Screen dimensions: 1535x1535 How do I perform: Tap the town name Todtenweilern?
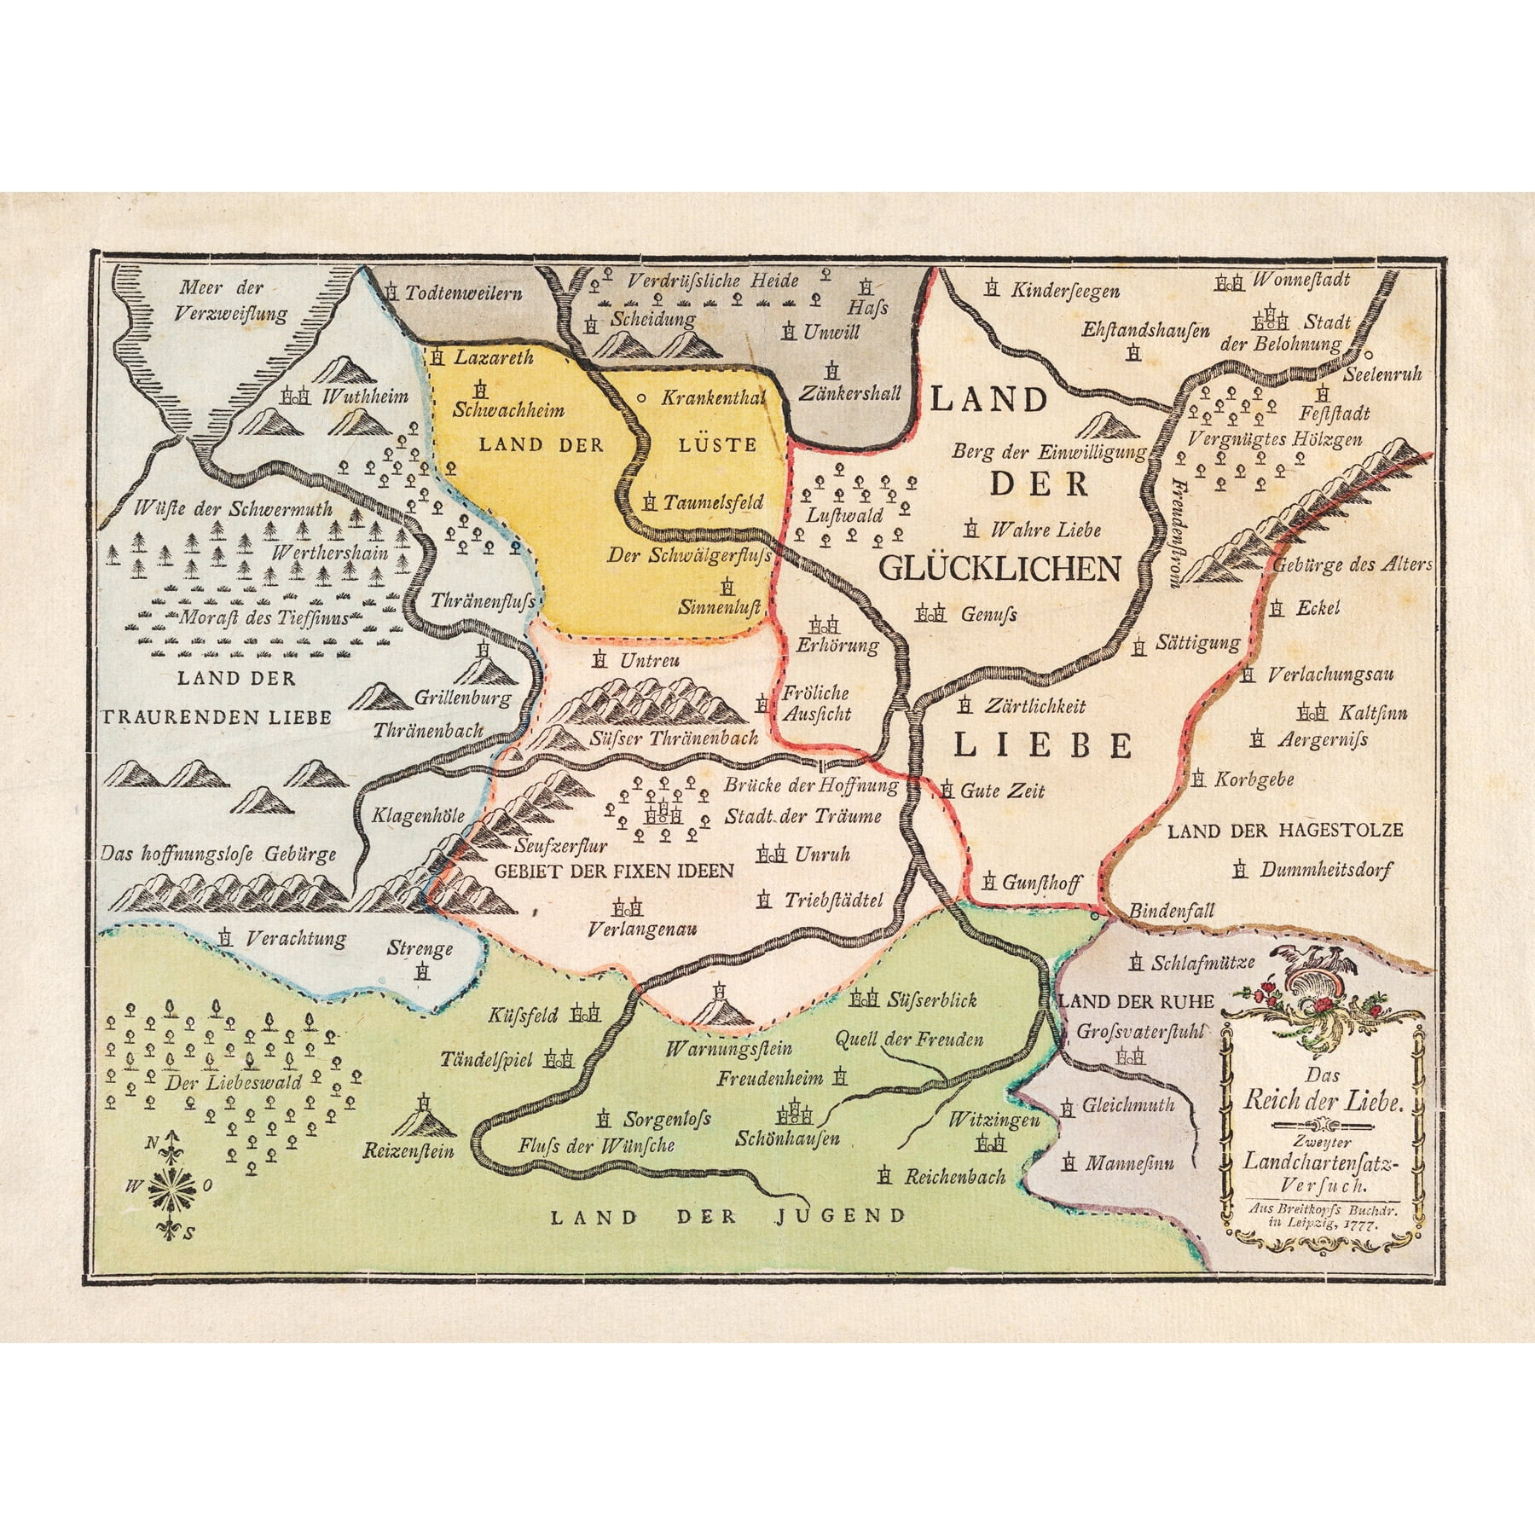coord(463,293)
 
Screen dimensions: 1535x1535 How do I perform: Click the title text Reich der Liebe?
coord(1323,1101)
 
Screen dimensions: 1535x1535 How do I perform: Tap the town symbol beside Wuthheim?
coord(294,397)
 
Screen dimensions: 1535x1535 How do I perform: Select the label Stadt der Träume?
coord(802,816)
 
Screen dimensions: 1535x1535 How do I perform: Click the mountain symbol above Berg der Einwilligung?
coord(1106,424)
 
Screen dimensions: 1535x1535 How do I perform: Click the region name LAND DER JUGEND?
coord(727,1216)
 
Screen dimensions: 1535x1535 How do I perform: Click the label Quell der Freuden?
coord(909,1039)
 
